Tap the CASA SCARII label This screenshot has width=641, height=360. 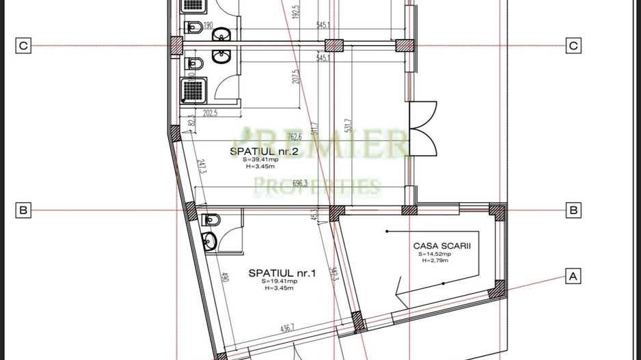pos(437,245)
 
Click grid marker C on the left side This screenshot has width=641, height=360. pos(23,46)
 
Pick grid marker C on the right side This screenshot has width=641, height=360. pos(573,46)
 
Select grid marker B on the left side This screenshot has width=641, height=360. pos(23,210)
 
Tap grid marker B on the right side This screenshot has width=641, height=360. pos(573,210)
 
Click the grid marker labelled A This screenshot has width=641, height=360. pos(573,276)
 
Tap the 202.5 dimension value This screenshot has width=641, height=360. pos(209,113)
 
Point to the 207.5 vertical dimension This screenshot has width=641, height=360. pos(296,76)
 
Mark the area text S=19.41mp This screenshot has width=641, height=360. pos(279,281)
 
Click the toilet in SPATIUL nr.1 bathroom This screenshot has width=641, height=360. pos(211,219)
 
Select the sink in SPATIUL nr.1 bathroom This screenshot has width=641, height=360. pos(208,240)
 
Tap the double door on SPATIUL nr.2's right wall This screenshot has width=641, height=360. pos(421,128)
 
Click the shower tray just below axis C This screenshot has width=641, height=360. pos(190,89)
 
